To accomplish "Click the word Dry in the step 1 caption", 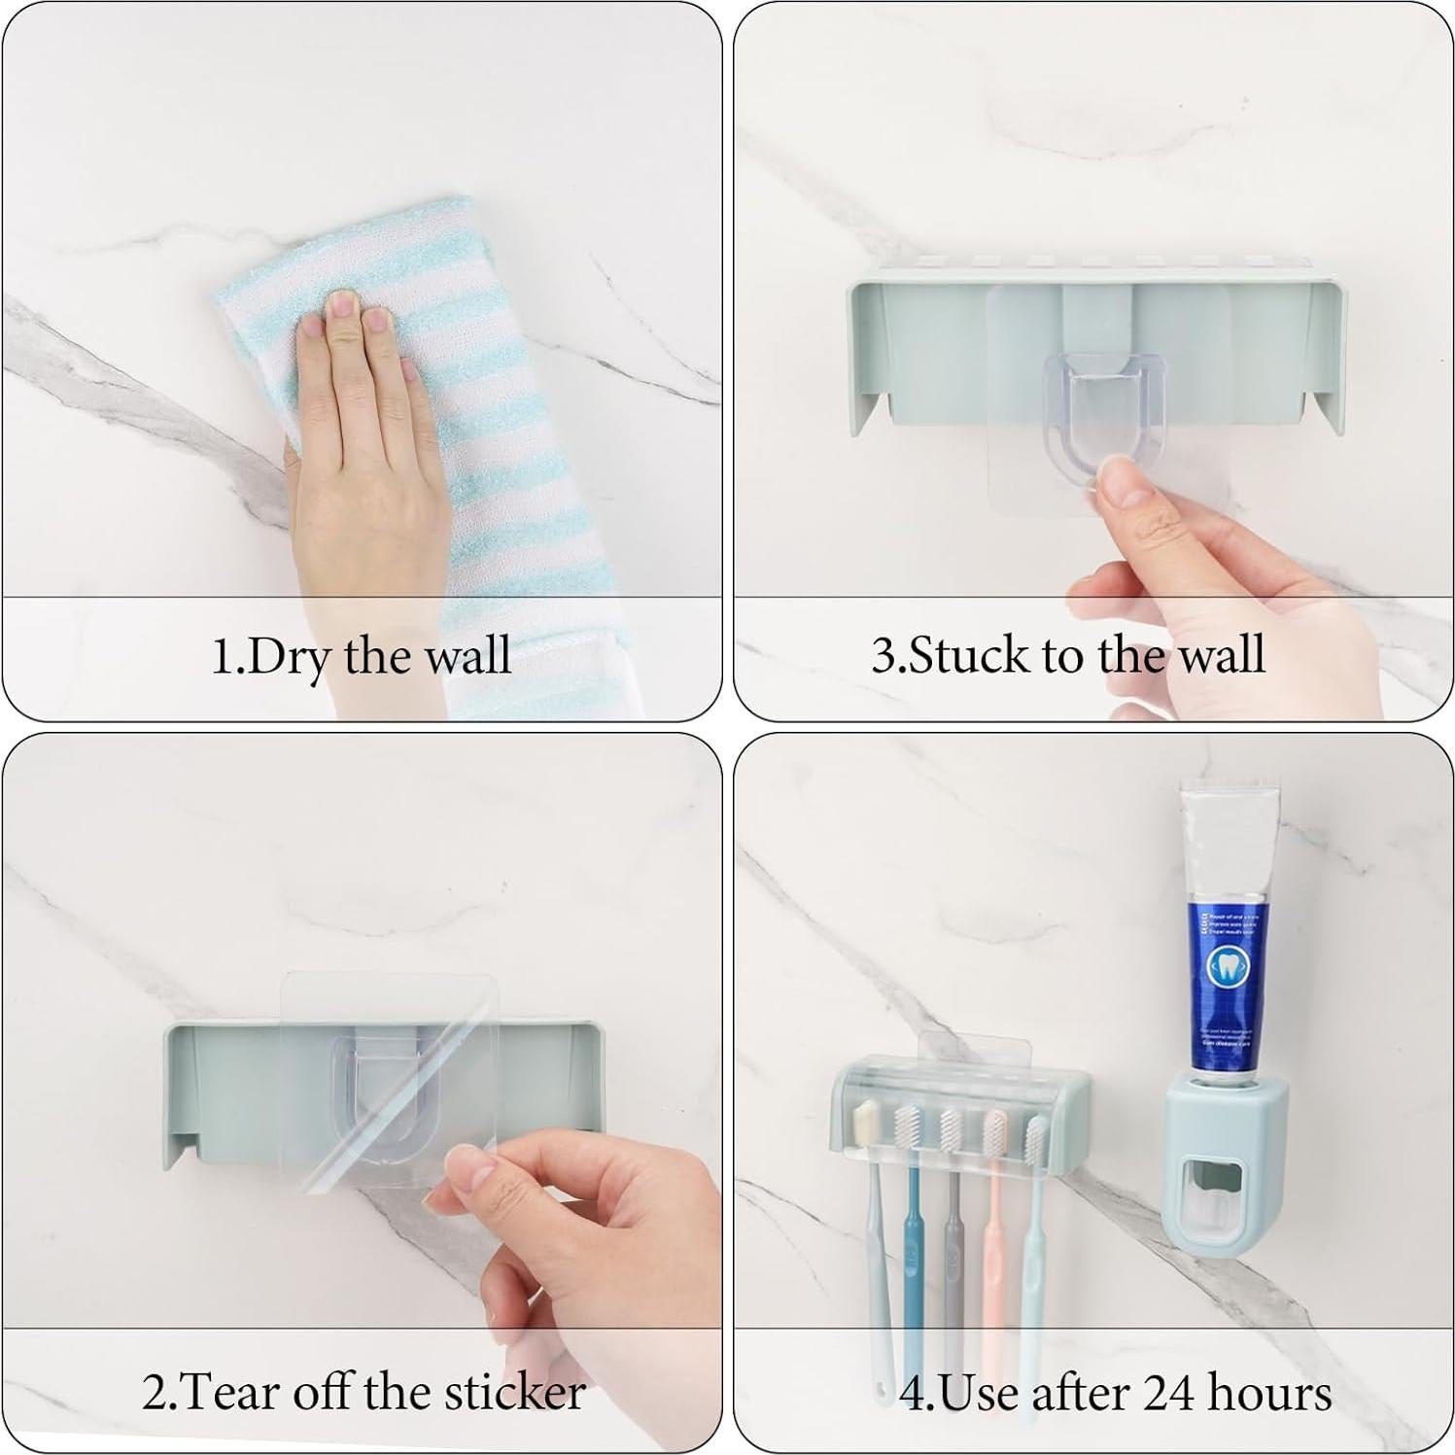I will (x=289, y=656).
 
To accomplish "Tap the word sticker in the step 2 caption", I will (x=514, y=1392).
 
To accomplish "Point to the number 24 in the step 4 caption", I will (x=1156, y=1392).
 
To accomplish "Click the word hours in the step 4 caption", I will (x=1268, y=1392).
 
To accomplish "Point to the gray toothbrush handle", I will (x=953, y=1254).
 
